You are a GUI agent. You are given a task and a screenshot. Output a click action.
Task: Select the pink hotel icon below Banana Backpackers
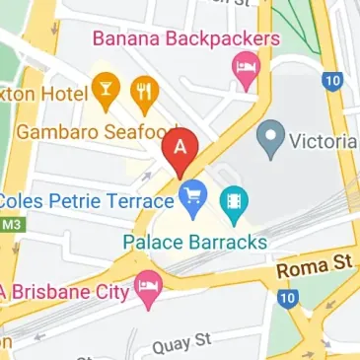point(242,67)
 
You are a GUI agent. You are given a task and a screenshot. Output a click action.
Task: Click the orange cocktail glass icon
point(109,92)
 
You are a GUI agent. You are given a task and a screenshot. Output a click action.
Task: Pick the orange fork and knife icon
point(146,92)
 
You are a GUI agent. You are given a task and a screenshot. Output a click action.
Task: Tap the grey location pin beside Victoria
point(265,140)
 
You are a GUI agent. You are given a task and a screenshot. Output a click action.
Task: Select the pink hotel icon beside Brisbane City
point(148,289)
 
